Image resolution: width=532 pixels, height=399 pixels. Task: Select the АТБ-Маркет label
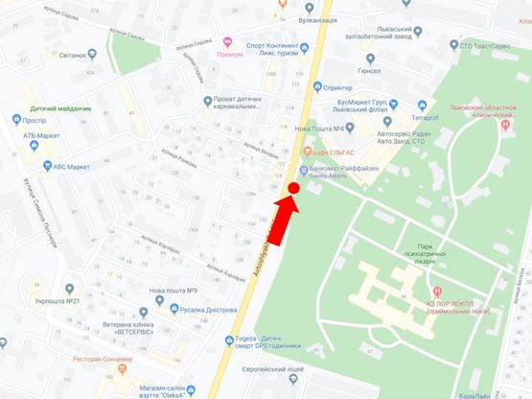pos(43,136)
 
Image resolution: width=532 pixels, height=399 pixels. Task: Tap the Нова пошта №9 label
pos(173,291)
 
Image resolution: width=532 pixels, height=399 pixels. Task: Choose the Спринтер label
pos(344,87)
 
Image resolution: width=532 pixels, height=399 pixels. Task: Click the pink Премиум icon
pos(227,42)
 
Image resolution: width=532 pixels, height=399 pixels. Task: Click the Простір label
pos(34,121)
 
